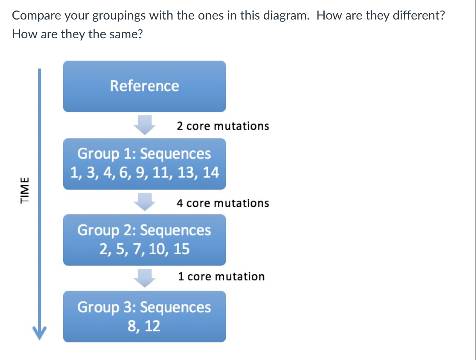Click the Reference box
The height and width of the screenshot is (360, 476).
pyautogui.click(x=144, y=86)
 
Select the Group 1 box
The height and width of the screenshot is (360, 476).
pyautogui.click(x=144, y=164)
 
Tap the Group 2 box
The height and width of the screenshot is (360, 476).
pyautogui.click(x=144, y=240)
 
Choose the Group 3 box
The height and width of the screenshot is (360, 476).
pyautogui.click(x=144, y=316)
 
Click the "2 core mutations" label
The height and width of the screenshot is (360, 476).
pyautogui.click(x=222, y=126)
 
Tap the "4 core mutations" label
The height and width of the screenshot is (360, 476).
pyautogui.click(x=222, y=203)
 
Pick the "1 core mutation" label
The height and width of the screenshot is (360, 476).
pyautogui.click(x=221, y=276)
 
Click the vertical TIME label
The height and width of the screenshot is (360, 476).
pyautogui.click(x=25, y=190)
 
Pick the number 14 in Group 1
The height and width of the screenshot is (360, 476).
pyautogui.click(x=211, y=172)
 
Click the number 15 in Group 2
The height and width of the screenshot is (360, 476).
pyautogui.click(x=181, y=249)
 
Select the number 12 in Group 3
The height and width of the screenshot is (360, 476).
pyautogui.click(x=152, y=326)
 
